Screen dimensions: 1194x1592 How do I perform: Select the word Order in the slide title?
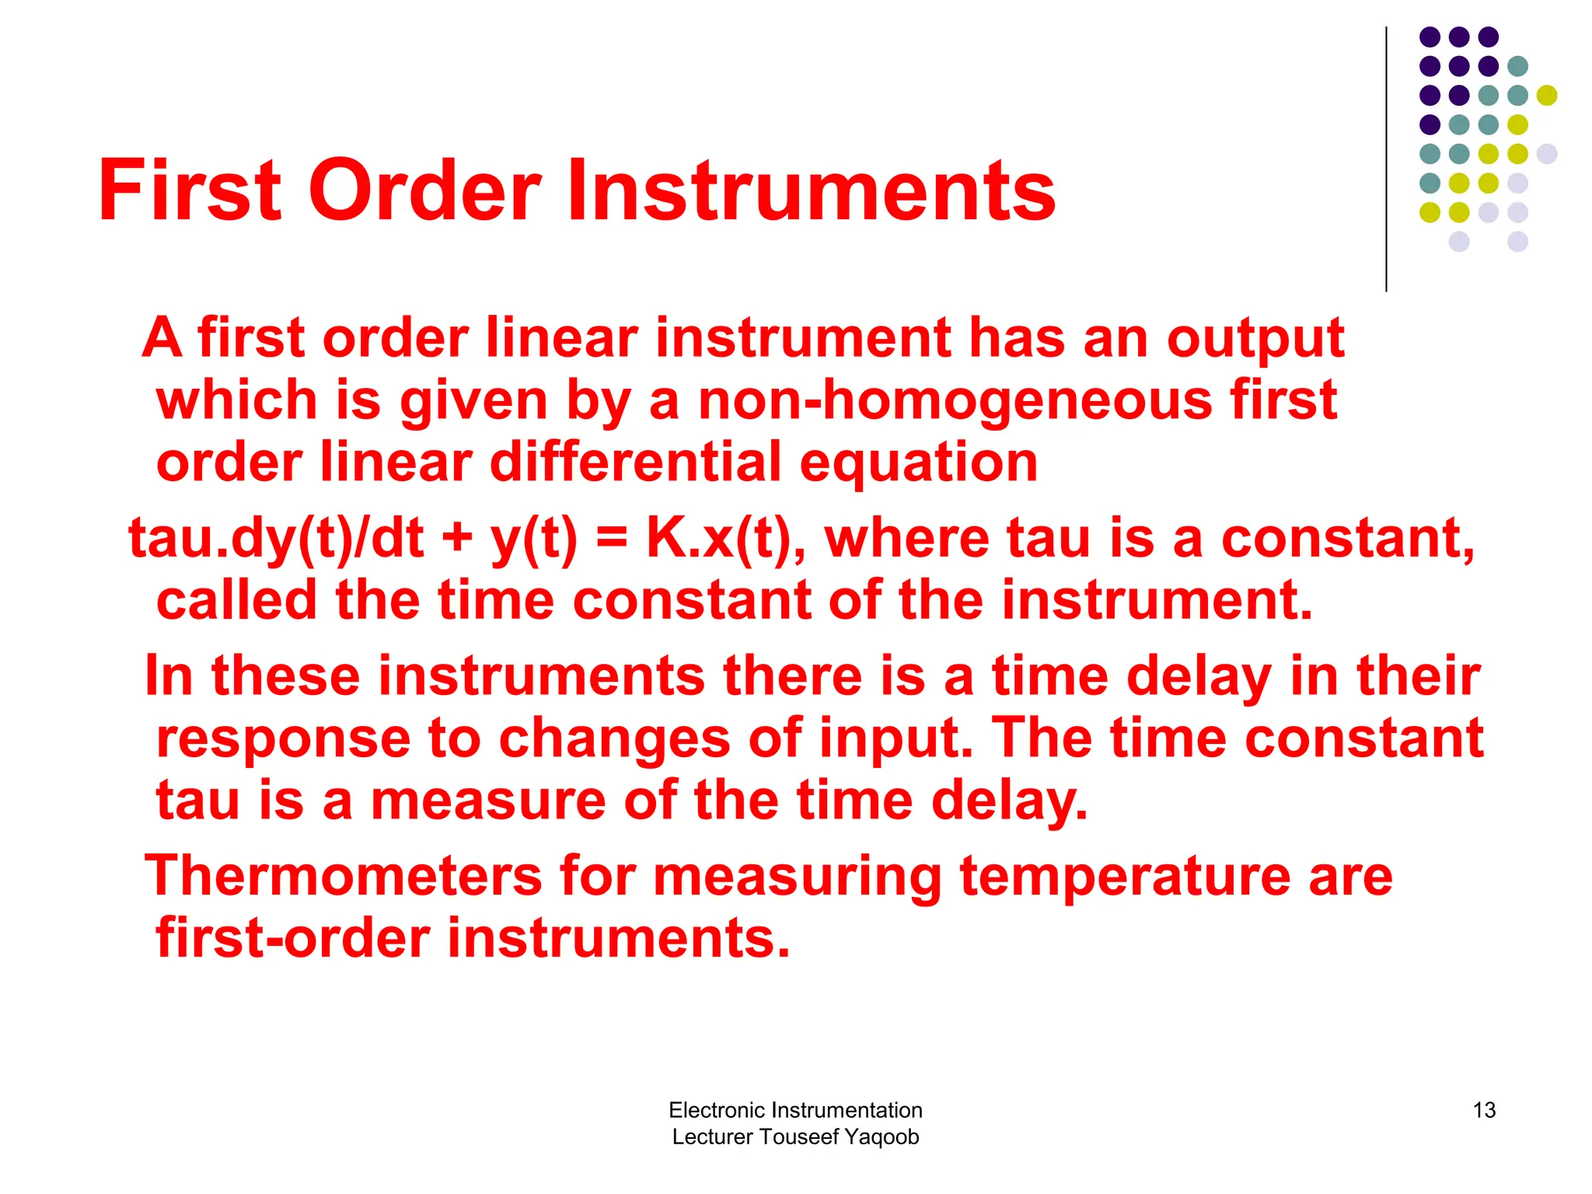pos(425,190)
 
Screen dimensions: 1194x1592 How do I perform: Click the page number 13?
pos(1484,1110)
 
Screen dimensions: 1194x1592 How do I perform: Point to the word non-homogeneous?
pos(955,400)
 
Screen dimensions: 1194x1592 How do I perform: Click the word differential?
pos(635,462)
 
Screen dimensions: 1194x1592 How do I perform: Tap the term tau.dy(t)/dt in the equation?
pos(277,538)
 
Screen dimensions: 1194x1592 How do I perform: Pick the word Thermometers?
pos(343,876)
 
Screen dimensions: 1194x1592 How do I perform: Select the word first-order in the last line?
pos(293,937)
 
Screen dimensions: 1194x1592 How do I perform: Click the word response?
pos(283,738)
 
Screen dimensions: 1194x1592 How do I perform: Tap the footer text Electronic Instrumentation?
pos(795,1110)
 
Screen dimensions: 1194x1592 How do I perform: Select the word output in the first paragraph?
pos(1255,339)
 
